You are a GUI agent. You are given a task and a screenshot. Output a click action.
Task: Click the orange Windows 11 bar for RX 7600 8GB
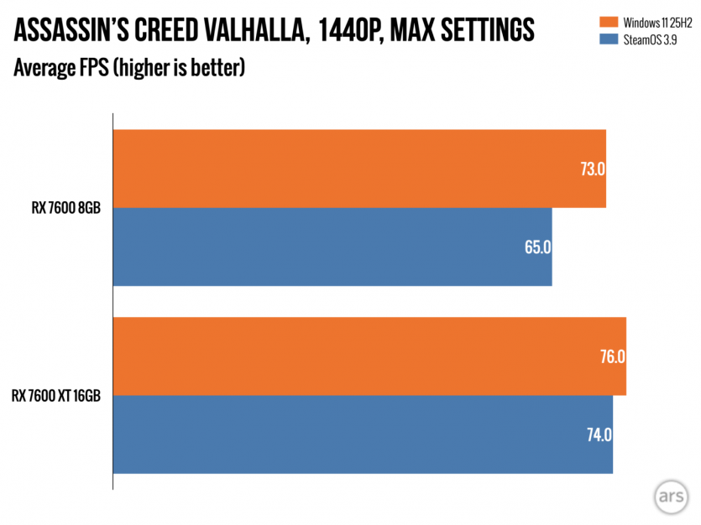pos(359,168)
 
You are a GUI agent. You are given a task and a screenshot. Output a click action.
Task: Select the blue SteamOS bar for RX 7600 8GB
pos(332,247)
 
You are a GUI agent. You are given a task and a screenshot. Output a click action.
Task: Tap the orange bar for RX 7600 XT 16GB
pos(369,356)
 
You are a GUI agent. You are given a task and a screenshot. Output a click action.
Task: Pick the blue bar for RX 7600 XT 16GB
pos(363,434)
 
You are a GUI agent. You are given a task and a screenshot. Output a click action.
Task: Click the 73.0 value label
pos(592,169)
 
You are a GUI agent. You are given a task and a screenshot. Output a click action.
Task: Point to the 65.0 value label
pos(537,247)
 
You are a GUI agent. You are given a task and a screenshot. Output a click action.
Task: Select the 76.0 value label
pos(612,356)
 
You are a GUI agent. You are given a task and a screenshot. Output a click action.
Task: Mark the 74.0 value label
pos(599,435)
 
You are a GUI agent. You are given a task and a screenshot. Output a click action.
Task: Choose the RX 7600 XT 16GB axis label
pos(56,396)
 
